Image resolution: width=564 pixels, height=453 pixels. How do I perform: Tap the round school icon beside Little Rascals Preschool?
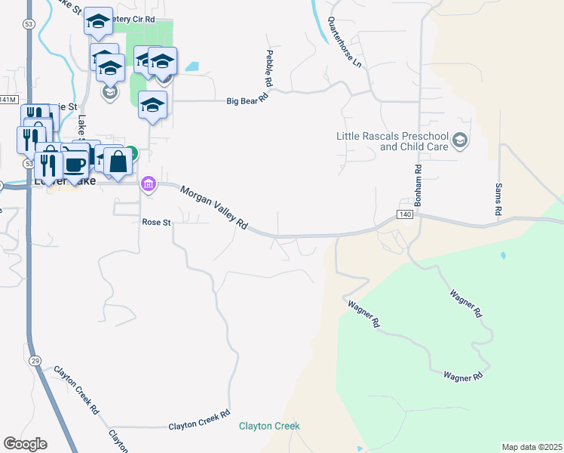coord(461,140)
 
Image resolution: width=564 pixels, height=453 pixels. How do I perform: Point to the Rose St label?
coord(157,222)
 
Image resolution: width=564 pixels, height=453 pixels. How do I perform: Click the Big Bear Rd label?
coord(248,99)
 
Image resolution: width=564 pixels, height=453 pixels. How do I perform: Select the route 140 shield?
coord(406,215)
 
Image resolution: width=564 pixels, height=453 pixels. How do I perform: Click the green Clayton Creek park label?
coord(269,426)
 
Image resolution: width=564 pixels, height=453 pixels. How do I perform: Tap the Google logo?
coord(25,444)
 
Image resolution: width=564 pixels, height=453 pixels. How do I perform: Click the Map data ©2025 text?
coord(532,447)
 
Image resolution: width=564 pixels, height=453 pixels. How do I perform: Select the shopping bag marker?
coord(118,161)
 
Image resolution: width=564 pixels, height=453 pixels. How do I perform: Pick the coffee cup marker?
coord(75,165)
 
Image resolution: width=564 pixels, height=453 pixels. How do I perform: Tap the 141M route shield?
coord(7,100)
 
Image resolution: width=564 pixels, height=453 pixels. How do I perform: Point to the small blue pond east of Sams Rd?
coord(503,256)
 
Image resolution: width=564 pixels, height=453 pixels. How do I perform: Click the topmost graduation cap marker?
coord(97,23)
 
